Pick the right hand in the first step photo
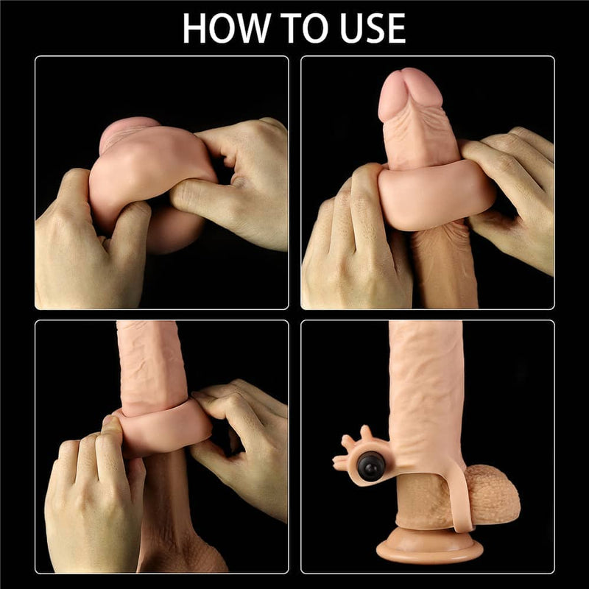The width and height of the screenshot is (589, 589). click(236, 184)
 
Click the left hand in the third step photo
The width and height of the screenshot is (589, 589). click(88, 493)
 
